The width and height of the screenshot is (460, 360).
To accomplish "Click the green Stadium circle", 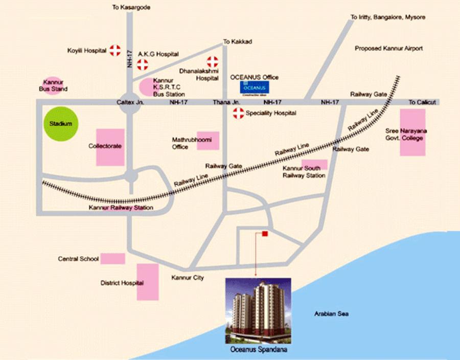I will (61, 124).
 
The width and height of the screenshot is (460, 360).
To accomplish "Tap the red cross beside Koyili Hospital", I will (116, 50).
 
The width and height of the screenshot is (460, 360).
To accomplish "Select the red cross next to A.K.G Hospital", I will (142, 64).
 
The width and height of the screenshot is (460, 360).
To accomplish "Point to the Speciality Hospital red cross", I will (238, 113).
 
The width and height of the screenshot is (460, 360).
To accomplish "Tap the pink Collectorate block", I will (110, 147).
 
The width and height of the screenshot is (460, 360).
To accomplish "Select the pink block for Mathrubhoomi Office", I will (208, 141).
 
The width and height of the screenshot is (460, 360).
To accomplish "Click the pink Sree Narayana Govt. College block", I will (412, 136).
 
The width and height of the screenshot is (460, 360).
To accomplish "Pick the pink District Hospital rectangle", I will (148, 282).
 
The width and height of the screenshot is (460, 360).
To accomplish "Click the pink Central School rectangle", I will (112, 259).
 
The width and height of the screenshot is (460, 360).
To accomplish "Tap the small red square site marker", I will (265, 234).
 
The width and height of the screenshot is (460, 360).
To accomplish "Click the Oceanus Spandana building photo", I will (258, 311).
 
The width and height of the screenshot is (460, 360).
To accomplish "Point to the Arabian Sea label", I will (331, 313).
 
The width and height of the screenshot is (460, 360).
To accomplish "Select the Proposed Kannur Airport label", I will (389, 49).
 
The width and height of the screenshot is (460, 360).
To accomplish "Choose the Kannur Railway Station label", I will (121, 208).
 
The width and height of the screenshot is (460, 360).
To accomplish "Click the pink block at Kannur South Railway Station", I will (314, 165).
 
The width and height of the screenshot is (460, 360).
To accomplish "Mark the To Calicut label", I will (422, 103).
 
